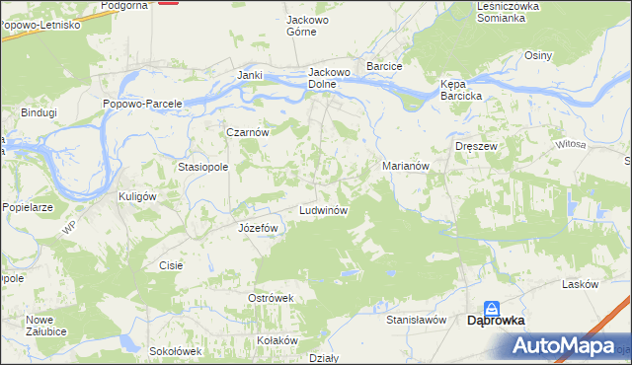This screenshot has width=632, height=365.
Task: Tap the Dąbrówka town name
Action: (496, 320)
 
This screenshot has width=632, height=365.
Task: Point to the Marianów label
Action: (405, 167)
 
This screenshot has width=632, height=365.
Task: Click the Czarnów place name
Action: (248, 131)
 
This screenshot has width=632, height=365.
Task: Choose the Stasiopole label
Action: (203, 167)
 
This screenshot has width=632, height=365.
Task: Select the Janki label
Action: (249, 75)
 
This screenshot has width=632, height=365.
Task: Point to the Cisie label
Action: (171, 265)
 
